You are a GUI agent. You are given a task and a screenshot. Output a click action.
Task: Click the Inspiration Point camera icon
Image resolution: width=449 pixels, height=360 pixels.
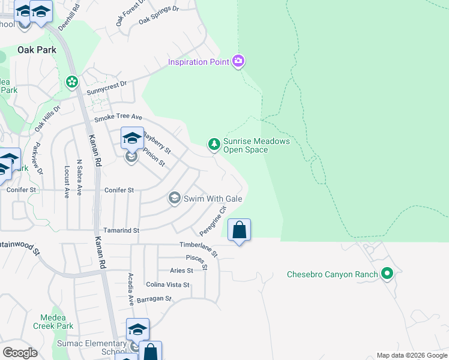(x=238, y=61)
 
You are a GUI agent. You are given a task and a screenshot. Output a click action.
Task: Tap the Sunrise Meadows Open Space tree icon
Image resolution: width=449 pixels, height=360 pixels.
(x=213, y=144)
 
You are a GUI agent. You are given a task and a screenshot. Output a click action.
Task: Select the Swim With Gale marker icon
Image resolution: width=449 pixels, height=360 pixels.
(x=175, y=198)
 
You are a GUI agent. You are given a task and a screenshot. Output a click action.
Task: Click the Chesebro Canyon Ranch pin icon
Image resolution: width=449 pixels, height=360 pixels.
(x=387, y=275)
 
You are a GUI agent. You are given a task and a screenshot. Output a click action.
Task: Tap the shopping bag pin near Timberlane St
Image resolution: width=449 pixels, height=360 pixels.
(x=239, y=230)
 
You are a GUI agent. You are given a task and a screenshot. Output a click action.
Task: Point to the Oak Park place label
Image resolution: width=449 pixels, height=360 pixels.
(x=37, y=50)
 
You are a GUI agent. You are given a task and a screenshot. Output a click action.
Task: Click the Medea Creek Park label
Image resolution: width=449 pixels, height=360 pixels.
(x=56, y=322)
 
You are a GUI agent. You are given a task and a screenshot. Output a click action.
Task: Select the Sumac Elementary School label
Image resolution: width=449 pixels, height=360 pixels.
(x=97, y=347)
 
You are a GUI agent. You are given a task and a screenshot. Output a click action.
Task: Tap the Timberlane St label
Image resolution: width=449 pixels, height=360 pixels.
(x=199, y=245)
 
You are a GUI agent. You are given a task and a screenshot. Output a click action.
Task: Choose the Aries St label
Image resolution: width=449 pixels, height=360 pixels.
(x=181, y=271)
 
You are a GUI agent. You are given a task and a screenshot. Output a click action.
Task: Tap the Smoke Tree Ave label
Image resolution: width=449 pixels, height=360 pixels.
(x=117, y=117)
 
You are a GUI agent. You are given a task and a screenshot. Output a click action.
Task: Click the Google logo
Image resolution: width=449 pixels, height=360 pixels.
(x=20, y=353)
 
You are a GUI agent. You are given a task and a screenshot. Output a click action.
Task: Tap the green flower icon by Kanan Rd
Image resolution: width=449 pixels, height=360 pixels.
(x=73, y=81)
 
